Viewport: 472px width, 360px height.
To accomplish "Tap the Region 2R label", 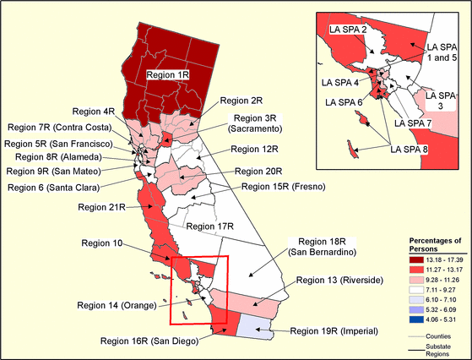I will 236,100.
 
